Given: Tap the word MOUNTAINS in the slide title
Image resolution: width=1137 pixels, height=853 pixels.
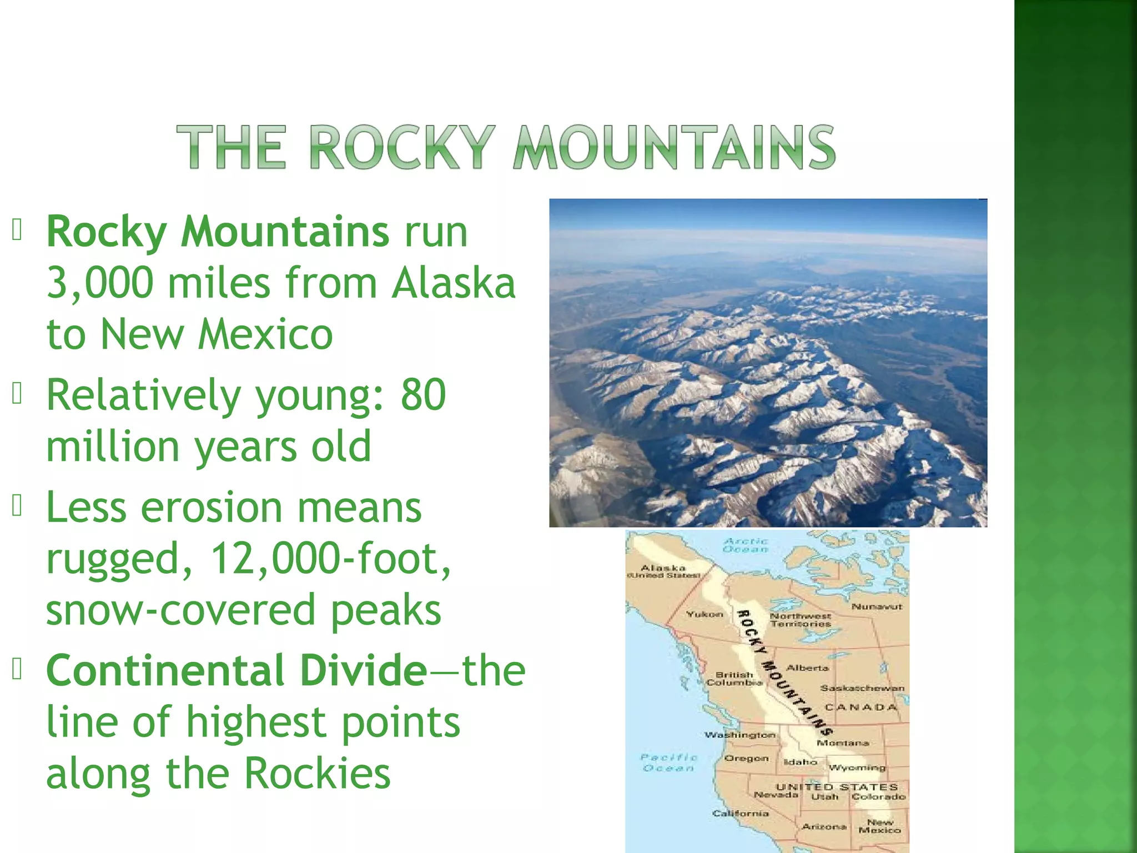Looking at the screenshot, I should (674, 147).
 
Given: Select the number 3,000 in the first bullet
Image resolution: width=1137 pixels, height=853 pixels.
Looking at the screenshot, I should (100, 283).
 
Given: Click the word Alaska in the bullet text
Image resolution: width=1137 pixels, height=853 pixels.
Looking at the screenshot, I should (454, 283).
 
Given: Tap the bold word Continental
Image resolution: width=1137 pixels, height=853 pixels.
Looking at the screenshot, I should (165, 670).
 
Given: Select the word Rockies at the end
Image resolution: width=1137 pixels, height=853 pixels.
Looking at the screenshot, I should (317, 773).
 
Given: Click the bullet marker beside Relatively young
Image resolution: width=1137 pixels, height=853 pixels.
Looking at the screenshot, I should (17, 394).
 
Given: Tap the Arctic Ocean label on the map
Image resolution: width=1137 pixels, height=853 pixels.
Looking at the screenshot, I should (746, 545).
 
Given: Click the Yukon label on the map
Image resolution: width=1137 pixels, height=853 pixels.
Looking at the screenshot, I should (705, 614).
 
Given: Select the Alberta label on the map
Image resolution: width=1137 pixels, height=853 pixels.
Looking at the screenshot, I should (807, 668).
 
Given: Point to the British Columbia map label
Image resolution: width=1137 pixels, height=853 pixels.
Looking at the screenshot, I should (734, 679).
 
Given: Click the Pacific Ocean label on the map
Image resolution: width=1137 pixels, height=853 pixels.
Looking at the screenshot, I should (669, 762).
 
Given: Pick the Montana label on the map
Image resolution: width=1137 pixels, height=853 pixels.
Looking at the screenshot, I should (842, 743).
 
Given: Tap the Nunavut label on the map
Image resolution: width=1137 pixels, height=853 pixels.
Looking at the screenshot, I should (877, 607).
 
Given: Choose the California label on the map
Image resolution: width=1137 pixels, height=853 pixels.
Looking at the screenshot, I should (741, 814).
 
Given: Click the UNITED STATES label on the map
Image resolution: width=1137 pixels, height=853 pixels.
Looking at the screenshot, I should (836, 787).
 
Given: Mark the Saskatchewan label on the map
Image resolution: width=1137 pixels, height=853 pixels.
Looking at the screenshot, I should (862, 688).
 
